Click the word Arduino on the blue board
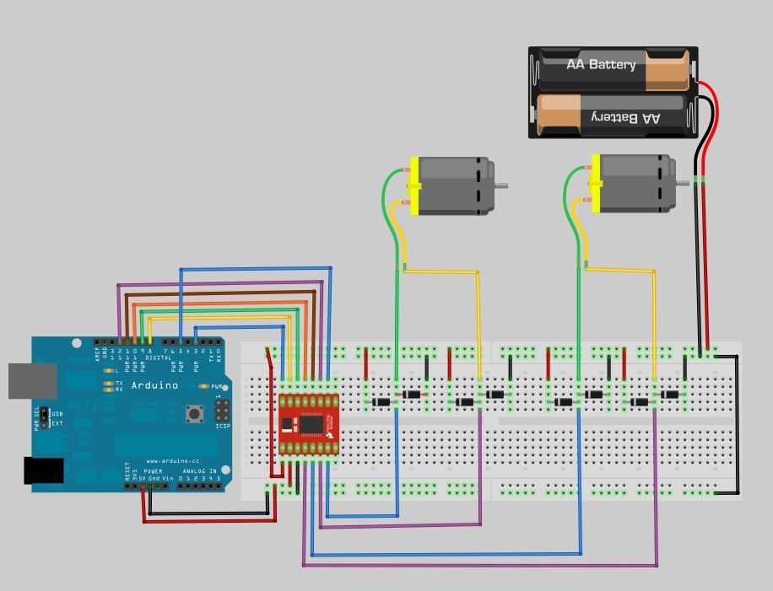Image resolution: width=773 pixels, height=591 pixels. (x=154, y=385)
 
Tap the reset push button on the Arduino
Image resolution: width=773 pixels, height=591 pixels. (x=195, y=413)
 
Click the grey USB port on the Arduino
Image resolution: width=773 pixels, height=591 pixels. (x=32, y=380)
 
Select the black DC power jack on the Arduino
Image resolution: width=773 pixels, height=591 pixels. (x=43, y=470)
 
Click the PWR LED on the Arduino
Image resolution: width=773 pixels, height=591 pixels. (x=205, y=386)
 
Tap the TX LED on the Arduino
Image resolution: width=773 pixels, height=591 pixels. (x=108, y=383)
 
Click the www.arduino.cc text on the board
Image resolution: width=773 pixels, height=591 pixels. (x=172, y=461)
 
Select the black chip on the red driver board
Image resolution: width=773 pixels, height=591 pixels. (x=312, y=423)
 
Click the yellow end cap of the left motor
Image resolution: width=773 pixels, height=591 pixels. (x=414, y=185)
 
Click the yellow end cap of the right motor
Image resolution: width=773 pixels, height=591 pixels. (x=596, y=184)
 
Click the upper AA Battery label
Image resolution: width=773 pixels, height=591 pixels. (x=601, y=65)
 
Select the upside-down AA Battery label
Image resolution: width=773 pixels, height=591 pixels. (x=625, y=117)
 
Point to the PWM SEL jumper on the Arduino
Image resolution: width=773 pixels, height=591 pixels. (x=44, y=418)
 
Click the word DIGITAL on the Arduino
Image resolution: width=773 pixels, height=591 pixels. (x=158, y=358)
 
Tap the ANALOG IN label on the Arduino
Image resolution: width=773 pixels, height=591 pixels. (x=200, y=471)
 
